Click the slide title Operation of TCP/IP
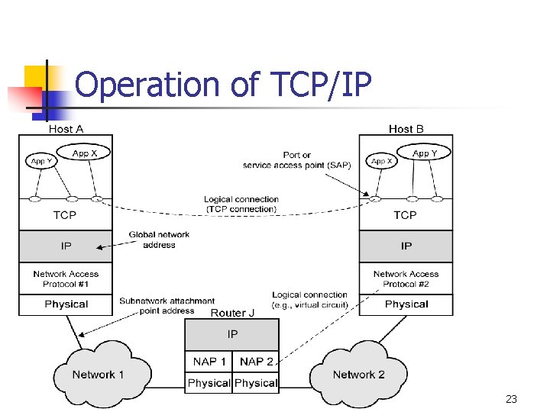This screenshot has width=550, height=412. click(x=223, y=85)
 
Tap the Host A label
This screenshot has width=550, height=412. click(x=66, y=129)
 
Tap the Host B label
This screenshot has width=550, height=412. click(x=406, y=129)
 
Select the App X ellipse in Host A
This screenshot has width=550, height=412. click(x=85, y=153)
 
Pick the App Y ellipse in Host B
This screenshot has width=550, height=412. click(x=425, y=153)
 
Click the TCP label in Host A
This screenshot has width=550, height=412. click(x=65, y=215)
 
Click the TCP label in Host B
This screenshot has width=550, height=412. click(x=405, y=215)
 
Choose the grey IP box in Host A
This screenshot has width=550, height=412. click(x=66, y=246)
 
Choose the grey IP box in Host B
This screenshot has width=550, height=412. click(x=406, y=246)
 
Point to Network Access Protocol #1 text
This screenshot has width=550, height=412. click(x=66, y=278)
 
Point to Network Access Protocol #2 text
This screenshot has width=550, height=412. click(x=406, y=278)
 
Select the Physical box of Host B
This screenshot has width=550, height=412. click(x=406, y=304)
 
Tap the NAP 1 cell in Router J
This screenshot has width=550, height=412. click(x=209, y=362)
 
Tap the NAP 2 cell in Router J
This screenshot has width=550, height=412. click(x=256, y=362)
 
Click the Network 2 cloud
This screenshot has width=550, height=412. click(x=358, y=375)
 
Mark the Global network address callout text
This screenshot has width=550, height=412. click(x=159, y=240)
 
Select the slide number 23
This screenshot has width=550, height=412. click(x=511, y=399)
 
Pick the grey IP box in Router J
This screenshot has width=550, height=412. click(x=232, y=334)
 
